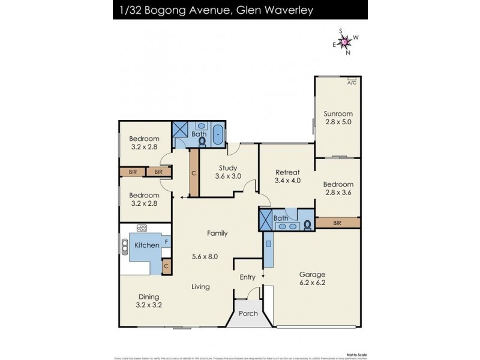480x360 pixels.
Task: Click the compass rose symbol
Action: click(x=345, y=41)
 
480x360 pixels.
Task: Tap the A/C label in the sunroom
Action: click(x=352, y=83)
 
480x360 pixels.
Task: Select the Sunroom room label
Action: click(x=338, y=118)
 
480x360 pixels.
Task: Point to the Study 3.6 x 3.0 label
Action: click(x=227, y=172)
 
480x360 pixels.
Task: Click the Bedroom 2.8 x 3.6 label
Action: click(x=338, y=188)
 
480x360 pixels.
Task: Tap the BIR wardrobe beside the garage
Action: click(x=338, y=223)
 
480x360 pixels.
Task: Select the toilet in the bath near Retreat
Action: click(x=307, y=224)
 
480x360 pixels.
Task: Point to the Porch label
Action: click(x=248, y=313)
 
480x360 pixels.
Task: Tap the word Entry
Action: click(x=247, y=277)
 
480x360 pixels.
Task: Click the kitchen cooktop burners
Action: click(x=143, y=228)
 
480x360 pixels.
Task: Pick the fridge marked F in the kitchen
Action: click(x=166, y=242)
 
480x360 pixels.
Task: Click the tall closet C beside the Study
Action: click(x=193, y=173)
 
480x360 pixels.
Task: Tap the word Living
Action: click(x=200, y=287)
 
